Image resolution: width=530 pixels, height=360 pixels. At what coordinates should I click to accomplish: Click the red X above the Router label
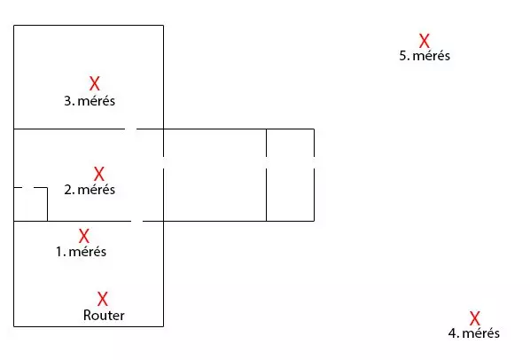tap(103, 299)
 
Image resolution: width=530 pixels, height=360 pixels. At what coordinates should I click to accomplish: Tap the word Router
tap(104, 316)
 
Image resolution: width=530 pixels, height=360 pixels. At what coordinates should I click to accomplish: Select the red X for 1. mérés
tap(84, 236)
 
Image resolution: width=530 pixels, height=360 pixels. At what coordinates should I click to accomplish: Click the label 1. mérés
tap(81, 252)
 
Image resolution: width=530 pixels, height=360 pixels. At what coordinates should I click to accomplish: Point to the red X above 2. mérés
tap(98, 174)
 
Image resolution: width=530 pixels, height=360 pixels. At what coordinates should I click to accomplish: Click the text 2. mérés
tap(90, 190)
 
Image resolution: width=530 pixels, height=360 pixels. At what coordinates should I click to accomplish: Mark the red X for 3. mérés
tap(95, 83)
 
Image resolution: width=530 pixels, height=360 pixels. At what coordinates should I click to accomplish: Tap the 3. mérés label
tap(90, 101)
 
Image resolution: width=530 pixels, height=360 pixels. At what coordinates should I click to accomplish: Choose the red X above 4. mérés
tap(474, 318)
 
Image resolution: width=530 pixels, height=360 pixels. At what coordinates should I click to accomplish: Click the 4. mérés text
tap(474, 333)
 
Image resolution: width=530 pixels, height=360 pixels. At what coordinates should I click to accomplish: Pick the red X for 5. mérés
tap(425, 41)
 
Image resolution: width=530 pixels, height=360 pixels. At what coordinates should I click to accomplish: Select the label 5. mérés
tap(425, 56)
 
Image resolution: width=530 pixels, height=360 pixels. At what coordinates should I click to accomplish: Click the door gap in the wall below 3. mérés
tap(130, 129)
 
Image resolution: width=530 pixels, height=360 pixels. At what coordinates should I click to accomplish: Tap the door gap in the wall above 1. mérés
tap(136, 221)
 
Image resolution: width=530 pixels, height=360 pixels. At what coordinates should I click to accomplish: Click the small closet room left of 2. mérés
tap(30, 204)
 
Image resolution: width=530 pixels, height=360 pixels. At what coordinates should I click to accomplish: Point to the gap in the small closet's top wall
tap(27, 187)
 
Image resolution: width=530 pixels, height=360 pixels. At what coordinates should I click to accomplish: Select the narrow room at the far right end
tap(290, 175)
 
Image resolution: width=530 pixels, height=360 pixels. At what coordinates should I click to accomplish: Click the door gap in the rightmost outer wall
tap(314, 162)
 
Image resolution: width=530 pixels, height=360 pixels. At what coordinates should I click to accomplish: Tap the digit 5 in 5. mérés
tap(403, 56)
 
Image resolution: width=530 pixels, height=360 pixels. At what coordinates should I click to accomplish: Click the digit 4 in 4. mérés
tap(453, 333)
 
